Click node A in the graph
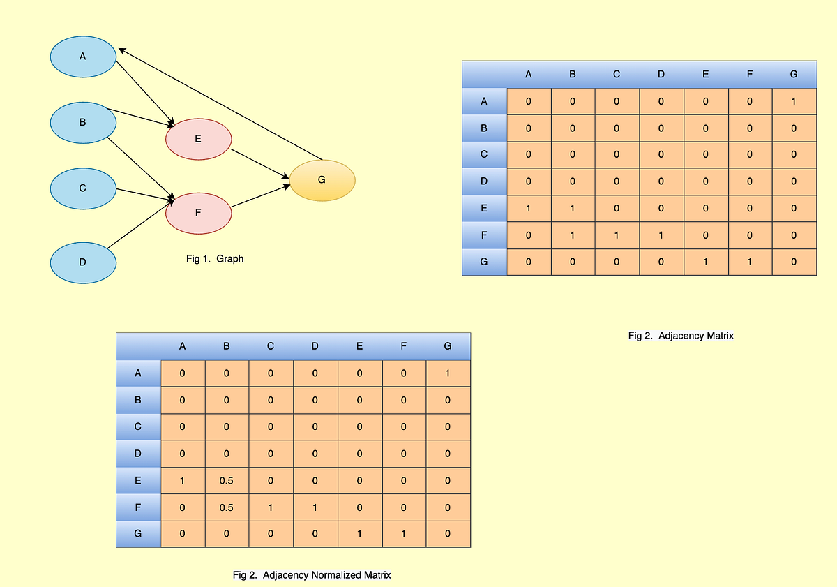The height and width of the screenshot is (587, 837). (83, 56)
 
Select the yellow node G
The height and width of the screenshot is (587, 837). (322, 180)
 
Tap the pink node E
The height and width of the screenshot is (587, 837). (198, 139)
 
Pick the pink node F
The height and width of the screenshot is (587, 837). (198, 212)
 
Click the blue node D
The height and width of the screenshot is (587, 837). (83, 262)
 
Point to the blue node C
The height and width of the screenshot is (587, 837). (83, 188)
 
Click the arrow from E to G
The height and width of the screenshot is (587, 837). (259, 165)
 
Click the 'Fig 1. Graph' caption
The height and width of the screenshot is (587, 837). (215, 259)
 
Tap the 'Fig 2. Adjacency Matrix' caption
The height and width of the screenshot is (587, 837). (681, 336)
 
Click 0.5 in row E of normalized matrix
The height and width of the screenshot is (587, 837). (226, 481)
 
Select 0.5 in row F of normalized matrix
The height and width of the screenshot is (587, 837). (226, 507)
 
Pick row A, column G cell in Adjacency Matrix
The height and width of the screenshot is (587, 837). (794, 102)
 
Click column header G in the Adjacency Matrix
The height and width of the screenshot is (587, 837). (794, 75)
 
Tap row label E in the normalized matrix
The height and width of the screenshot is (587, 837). (138, 481)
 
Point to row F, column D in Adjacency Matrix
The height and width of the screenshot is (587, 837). (661, 235)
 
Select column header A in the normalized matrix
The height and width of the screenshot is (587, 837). (183, 346)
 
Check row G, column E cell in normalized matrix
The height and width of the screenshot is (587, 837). (359, 534)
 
